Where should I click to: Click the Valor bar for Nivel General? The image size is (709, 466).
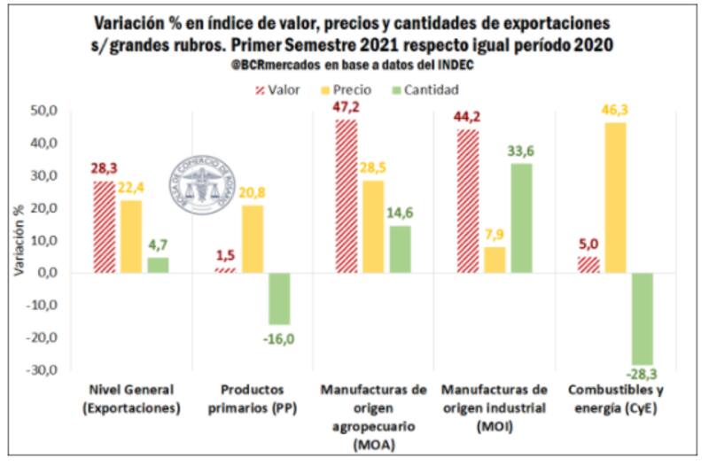104,227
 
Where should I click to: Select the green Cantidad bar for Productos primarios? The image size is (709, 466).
280,299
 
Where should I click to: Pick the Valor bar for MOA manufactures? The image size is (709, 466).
346,196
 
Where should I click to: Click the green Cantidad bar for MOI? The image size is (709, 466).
522,218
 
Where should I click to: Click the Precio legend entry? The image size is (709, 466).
348,89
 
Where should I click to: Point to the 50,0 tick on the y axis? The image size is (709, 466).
43,111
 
